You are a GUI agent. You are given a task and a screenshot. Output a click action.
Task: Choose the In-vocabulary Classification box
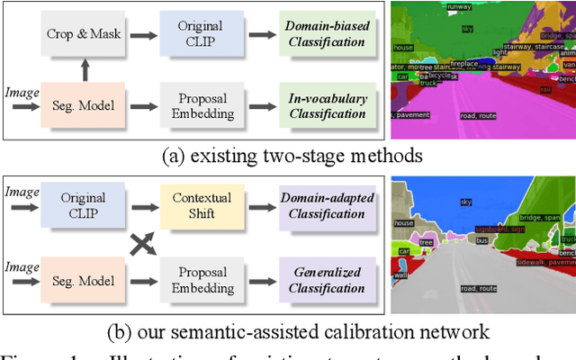[x=327, y=105]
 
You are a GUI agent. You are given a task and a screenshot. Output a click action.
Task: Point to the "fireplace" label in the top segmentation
[x=464, y=64]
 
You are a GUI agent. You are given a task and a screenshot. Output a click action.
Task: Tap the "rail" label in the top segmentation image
[x=544, y=89]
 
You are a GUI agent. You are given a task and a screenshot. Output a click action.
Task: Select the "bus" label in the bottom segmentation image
[x=481, y=241]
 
